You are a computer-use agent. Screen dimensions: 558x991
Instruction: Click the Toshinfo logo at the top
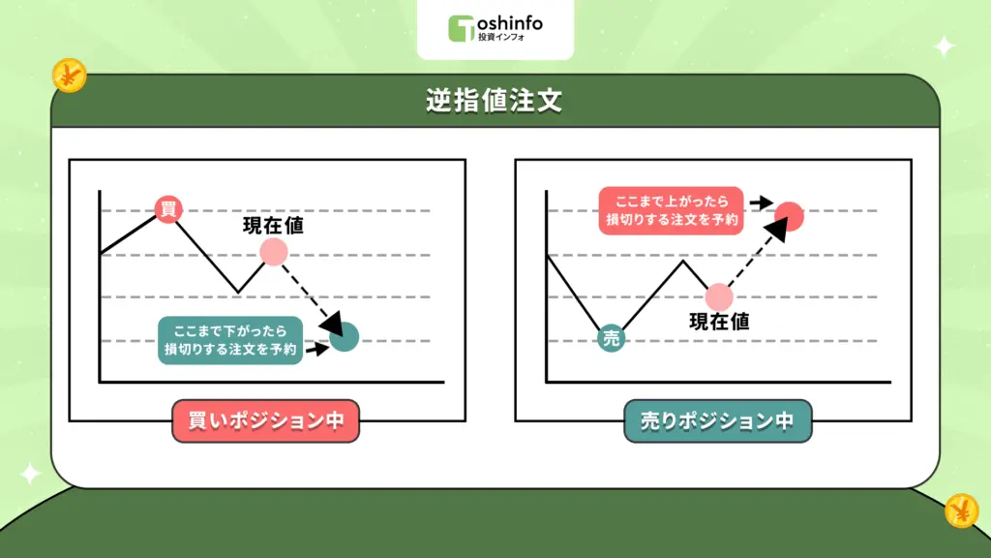495,28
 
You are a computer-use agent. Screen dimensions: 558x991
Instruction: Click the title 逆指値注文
495,102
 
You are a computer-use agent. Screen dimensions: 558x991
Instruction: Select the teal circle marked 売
611,338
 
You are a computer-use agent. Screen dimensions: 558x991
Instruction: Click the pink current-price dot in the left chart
274,253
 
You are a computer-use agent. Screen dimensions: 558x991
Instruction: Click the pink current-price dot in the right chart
719,296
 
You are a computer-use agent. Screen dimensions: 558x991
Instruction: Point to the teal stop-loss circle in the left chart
345,337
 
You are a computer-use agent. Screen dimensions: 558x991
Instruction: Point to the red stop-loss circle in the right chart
790,216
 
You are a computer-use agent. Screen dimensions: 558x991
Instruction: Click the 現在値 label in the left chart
273,226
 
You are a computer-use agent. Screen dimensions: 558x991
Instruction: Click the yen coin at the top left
70,75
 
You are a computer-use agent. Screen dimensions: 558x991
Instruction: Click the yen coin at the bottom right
962,510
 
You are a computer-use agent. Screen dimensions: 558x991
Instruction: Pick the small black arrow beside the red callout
762,203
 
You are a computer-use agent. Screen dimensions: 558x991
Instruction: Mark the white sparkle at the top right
943,46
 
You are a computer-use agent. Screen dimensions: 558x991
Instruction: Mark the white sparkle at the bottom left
30,474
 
